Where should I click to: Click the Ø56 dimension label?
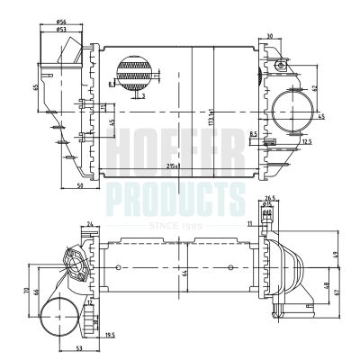coord(60,21)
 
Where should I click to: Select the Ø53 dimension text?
coord(60,30)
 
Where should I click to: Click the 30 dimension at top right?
coord(271,36)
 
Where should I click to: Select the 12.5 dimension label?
coord(306,141)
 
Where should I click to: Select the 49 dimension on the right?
coord(334,255)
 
